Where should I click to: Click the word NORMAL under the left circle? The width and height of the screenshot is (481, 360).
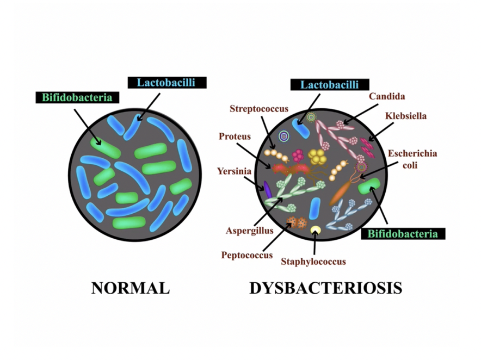[x=130, y=288]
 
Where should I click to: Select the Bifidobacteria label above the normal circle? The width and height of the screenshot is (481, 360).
[x=77, y=98]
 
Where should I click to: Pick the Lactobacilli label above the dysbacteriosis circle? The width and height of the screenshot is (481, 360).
[x=330, y=85]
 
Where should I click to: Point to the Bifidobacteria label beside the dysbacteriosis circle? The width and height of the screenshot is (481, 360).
[x=403, y=234]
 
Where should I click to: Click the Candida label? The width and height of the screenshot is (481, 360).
[x=387, y=97]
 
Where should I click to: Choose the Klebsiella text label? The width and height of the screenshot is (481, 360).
[x=406, y=116]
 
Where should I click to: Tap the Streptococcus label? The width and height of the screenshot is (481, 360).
[x=259, y=109]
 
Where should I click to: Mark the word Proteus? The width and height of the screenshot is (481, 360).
[x=235, y=136]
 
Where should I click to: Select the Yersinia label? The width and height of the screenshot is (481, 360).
[x=234, y=171]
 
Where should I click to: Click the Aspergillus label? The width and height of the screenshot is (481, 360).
[x=249, y=231]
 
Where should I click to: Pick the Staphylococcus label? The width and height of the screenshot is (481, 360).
[x=313, y=262]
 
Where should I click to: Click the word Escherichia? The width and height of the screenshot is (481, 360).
[x=412, y=154]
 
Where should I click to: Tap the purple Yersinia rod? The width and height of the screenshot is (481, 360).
[x=267, y=189]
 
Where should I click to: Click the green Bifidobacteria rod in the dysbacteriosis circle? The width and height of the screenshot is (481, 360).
[x=371, y=187]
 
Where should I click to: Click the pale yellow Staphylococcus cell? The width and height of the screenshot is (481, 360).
[x=315, y=230]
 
